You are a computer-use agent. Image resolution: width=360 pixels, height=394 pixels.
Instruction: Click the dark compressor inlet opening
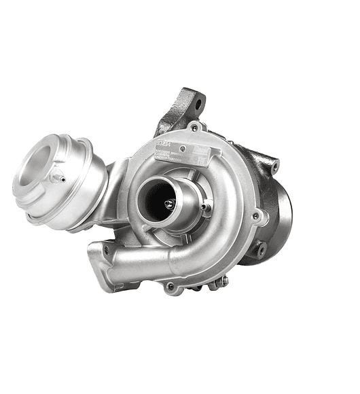coord(157,198)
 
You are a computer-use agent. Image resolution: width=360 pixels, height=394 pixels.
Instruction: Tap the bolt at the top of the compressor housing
coord(195,128)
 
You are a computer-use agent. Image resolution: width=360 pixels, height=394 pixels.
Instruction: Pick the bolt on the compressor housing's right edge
coord(255,216)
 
